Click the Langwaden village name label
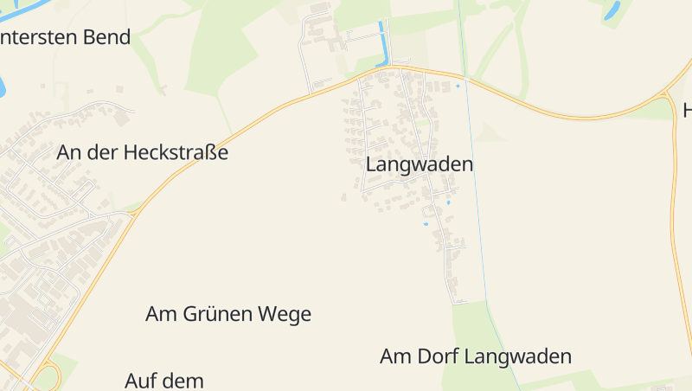tap(420, 164)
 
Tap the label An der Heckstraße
tap(143, 153)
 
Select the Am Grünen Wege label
tap(228, 314)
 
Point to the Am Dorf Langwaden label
tap(476, 356)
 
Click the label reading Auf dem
tap(164, 381)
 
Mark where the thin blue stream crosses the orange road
tap(465, 80)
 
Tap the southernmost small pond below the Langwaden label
tap(426, 225)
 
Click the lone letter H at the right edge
tap(688, 111)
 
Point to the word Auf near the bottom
tap(140, 381)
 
